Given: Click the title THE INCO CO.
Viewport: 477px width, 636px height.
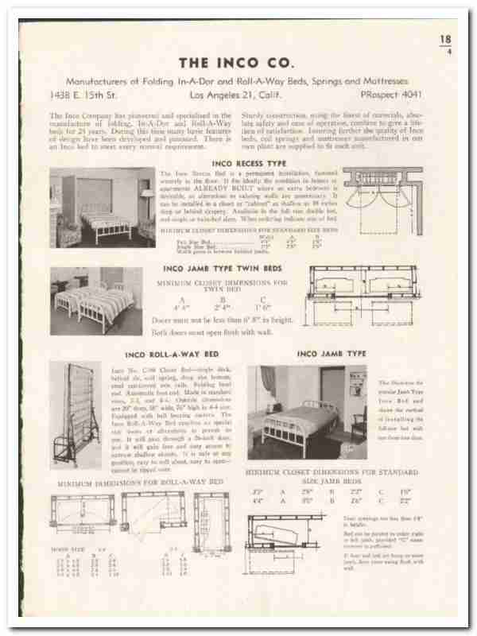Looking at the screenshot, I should pos(238,61).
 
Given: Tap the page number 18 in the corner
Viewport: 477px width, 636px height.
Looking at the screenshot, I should pos(446,39).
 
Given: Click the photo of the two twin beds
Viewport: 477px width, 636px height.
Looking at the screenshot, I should pos(96,301).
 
